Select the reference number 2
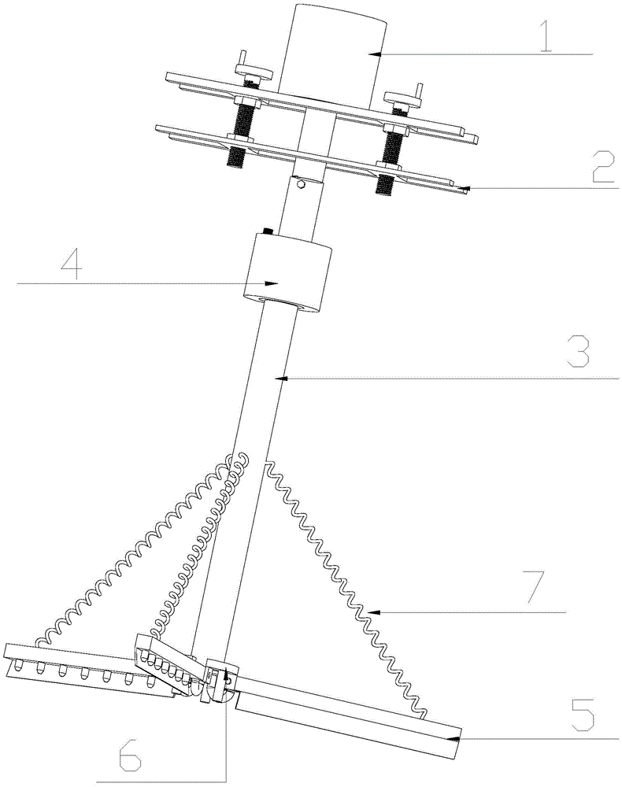click(x=602, y=169)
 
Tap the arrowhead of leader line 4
click(x=272, y=283)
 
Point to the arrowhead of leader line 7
click(x=373, y=612)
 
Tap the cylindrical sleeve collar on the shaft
click(x=287, y=273)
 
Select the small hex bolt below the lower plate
click(x=300, y=184)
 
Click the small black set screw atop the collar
click(x=268, y=231)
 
